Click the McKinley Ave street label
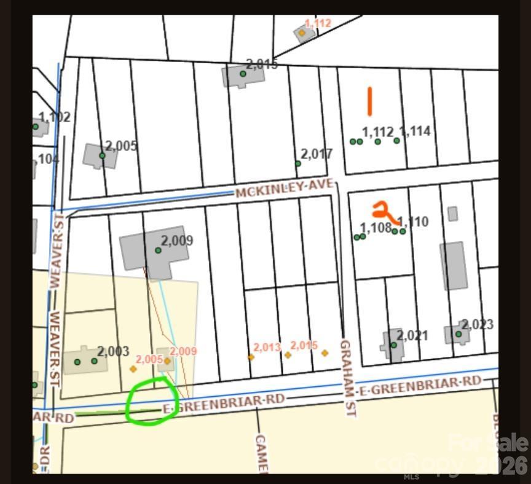(284, 189)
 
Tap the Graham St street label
(347, 379)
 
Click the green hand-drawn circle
(152, 402)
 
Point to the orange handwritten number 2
(385, 211)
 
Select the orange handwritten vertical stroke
(370, 101)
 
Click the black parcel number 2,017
(317, 154)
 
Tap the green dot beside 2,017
(298, 163)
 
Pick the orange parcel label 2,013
(267, 348)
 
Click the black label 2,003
(113, 352)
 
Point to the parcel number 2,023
(478, 325)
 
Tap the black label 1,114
(415, 131)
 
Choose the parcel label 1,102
(55, 117)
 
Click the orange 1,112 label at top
(318, 23)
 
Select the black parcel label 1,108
(376, 228)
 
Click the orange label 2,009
(183, 351)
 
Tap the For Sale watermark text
(488, 443)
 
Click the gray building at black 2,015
(243, 76)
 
